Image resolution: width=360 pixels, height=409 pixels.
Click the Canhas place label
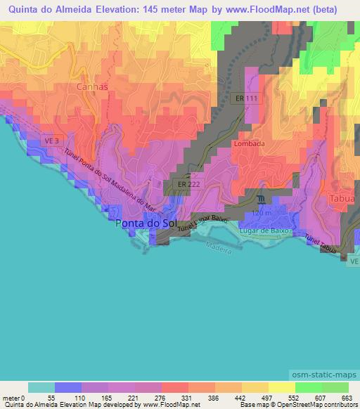pyautogui.click(x=92, y=86)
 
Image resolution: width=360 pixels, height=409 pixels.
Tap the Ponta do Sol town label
pyautogui.click(x=147, y=223)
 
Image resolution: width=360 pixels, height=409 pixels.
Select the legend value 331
pyautogui.click(x=186, y=397)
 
